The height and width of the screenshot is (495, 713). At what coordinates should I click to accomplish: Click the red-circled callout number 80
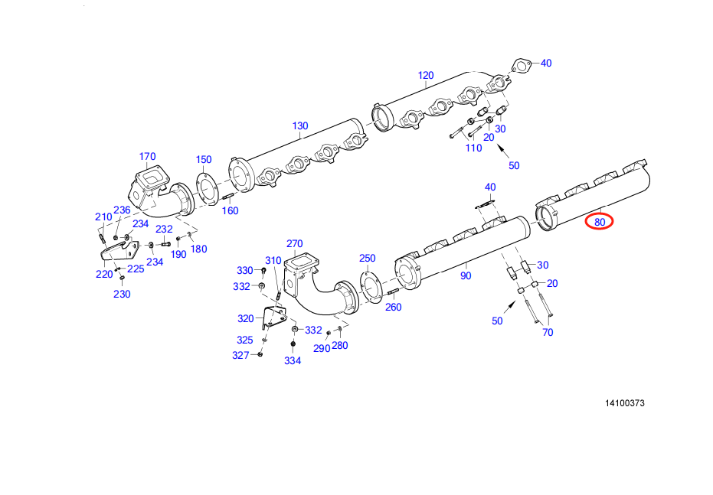600,223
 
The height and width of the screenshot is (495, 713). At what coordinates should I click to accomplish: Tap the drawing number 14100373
623,403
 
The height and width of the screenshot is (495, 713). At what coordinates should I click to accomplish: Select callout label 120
426,75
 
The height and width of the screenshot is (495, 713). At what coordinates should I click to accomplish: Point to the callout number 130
300,125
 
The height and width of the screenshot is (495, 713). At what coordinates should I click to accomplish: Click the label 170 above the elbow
147,157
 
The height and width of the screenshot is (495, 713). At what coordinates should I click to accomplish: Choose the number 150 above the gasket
203,159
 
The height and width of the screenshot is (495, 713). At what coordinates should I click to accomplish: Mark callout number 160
230,210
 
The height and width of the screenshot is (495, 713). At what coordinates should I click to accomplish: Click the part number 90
466,275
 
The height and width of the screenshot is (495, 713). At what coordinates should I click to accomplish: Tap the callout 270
295,244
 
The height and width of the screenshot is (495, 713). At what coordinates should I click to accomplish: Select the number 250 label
368,258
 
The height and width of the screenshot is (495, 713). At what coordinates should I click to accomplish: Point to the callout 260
393,308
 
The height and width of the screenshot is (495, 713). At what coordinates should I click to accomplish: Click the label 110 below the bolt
474,148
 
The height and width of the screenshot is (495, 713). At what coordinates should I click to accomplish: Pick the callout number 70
548,332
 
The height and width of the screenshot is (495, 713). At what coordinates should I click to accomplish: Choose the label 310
273,260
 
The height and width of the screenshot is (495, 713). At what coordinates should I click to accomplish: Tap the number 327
241,355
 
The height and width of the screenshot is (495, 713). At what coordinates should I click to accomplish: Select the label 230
122,294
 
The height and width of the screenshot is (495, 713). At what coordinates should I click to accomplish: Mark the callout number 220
104,274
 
